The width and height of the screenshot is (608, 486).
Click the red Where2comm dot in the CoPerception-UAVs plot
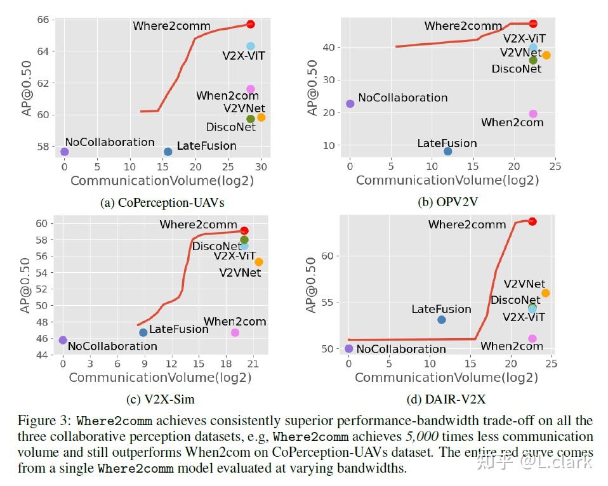(x=251, y=24)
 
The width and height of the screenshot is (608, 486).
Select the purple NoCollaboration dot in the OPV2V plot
(x=350, y=103)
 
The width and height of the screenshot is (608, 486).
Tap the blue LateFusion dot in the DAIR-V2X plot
(x=442, y=320)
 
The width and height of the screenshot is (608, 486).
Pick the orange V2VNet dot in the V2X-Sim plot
(x=258, y=262)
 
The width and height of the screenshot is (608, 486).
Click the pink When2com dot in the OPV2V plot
(x=533, y=114)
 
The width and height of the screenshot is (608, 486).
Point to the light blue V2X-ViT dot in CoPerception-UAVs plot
(x=251, y=46)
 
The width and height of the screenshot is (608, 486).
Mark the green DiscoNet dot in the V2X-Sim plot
(x=244, y=240)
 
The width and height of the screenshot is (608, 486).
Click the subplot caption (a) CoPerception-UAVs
(x=162, y=203)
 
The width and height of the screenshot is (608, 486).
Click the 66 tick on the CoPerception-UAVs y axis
(x=42, y=19)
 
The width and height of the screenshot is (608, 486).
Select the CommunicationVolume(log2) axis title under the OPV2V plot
(x=447, y=180)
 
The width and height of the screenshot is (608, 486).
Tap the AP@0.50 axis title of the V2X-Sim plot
(x=25, y=285)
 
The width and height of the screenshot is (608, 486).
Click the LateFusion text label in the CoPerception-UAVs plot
(x=206, y=146)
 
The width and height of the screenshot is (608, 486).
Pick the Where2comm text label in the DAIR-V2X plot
(x=466, y=225)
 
